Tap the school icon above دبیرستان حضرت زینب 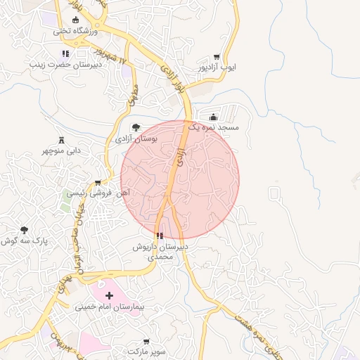[x=65, y=53]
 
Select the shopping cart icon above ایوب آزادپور [x=217, y=58]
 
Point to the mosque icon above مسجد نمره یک [x=213, y=117]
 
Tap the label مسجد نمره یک [x=218, y=128]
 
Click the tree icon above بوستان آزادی [x=136, y=127]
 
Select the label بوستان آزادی [x=139, y=139]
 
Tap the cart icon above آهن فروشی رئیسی [x=107, y=183]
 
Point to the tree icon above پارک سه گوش [x=25, y=230]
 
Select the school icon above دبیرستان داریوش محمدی [x=160, y=236]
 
